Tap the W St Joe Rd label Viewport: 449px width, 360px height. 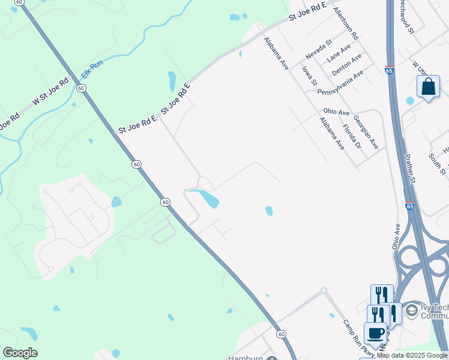point(51,91)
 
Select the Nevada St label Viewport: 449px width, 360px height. point(318,49)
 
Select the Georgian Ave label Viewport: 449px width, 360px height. point(366,132)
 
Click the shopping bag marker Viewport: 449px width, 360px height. point(429,87)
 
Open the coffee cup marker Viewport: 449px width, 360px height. point(376,333)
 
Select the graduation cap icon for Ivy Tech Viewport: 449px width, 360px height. point(411,310)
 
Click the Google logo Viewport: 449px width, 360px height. point(20,352)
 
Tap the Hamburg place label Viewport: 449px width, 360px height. point(246,358)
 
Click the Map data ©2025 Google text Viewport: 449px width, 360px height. point(412,355)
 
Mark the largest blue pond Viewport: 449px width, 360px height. point(204,197)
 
